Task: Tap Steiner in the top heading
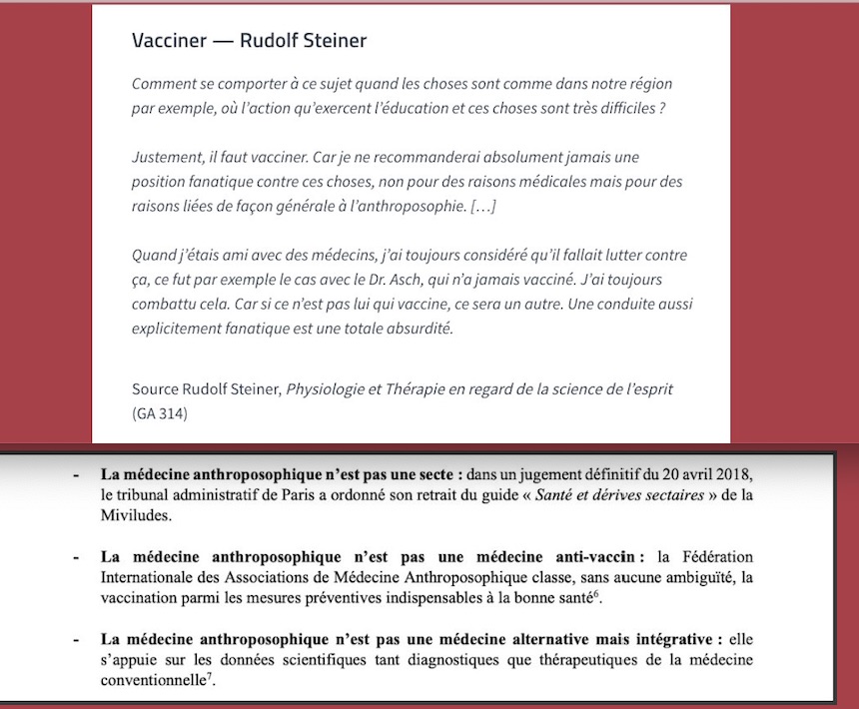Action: pyautogui.click(x=331, y=41)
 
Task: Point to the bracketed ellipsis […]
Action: pyautogui.click(x=482, y=206)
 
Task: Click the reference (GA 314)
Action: pyautogui.click(x=163, y=412)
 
